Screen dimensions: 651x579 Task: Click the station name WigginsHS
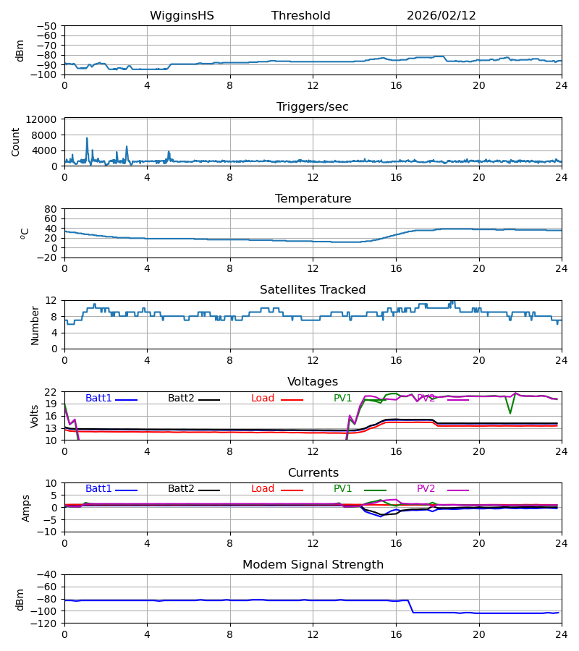pyautogui.click(x=182, y=16)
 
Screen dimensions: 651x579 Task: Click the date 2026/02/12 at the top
pyautogui.click(x=441, y=16)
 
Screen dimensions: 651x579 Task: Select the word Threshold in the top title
pyautogui.click(x=300, y=16)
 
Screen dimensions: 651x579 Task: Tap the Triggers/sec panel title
pyautogui.click(x=312, y=107)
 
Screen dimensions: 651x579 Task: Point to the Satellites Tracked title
pyautogui.click(x=312, y=290)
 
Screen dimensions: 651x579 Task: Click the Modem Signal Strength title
pyautogui.click(x=312, y=565)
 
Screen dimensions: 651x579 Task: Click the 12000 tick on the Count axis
pyautogui.click(x=45, y=119)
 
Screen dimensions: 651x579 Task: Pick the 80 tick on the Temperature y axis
pyautogui.click(x=51, y=209)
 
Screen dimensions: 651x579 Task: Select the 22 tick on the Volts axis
pyautogui.click(x=51, y=392)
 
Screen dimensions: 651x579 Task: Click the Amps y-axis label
pyautogui.click(x=26, y=508)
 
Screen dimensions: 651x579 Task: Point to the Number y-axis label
pyautogui.click(x=35, y=325)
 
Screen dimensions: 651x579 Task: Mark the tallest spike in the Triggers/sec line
pyautogui.click(x=87, y=138)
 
